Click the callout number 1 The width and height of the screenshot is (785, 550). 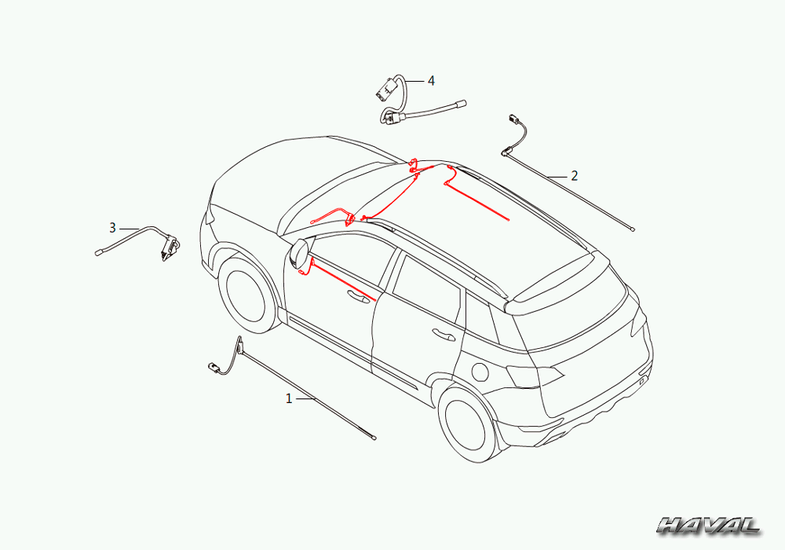288,398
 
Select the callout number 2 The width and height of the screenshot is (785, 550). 575,176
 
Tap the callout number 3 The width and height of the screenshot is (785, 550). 112,228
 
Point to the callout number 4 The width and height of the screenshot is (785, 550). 431,81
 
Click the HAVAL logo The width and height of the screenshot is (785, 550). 708,526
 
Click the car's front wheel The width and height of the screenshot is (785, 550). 246,295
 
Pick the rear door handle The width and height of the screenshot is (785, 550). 444,334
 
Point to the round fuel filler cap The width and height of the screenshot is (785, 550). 480,372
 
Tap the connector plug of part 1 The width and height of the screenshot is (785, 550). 214,368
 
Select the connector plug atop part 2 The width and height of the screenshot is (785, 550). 515,119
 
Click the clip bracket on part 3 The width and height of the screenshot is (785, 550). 170,247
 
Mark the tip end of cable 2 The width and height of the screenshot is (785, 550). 633,229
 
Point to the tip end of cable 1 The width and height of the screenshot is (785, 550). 374,438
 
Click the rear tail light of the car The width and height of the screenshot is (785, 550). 535,376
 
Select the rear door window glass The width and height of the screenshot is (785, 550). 426,289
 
